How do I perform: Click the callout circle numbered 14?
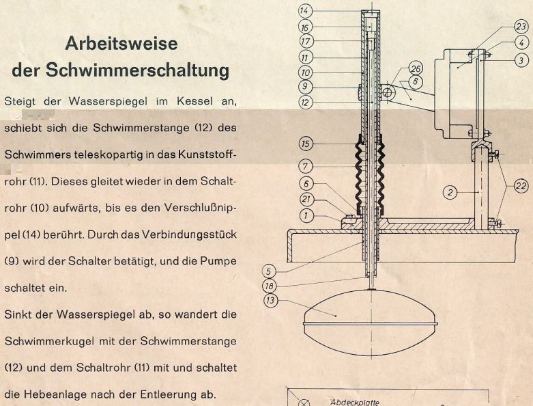point(305,10)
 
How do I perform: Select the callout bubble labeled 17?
point(305,41)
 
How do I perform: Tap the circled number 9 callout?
point(305,87)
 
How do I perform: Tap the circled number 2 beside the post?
point(449,193)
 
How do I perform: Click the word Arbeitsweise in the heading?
point(121,44)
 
